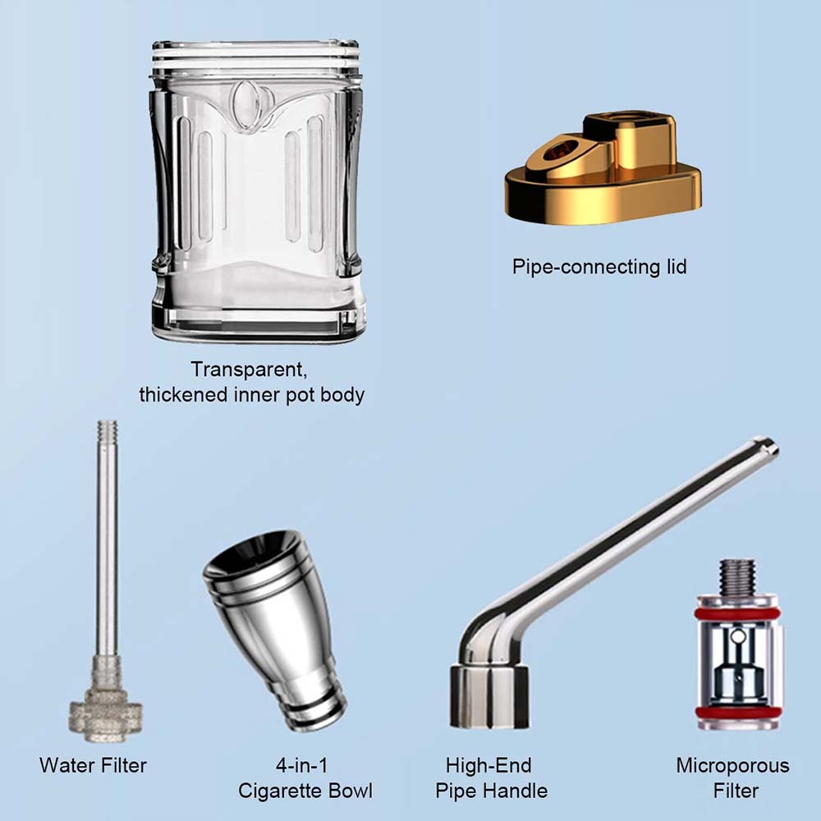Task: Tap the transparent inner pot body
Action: [256, 191]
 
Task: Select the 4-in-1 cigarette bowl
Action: [275, 628]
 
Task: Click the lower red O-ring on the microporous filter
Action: [738, 712]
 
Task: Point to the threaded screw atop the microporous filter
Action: [737, 577]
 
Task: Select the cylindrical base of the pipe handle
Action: [488, 696]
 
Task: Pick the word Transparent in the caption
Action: [249, 369]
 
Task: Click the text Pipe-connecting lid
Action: [599, 267]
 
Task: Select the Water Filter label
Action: [94, 765]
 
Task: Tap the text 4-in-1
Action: [301, 765]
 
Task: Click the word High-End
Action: [488, 765]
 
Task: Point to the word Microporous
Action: [732, 765]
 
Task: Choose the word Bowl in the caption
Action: [347, 790]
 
